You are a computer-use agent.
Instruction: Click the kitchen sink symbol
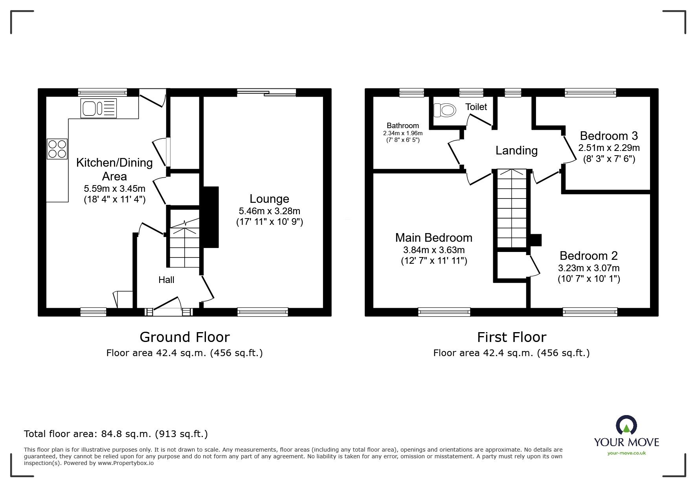(99, 108)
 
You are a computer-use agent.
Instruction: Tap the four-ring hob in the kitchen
(57, 149)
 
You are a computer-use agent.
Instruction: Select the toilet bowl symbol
(445, 110)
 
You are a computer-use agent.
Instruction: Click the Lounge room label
(270, 199)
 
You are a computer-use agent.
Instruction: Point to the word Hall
(166, 280)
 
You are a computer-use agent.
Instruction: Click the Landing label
(516, 151)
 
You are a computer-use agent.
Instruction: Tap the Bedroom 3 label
(609, 136)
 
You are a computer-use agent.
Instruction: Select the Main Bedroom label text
(434, 238)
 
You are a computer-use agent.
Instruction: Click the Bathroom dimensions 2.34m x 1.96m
(403, 133)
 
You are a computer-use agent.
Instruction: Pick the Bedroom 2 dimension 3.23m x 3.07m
(589, 268)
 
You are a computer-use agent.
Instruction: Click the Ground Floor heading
(185, 337)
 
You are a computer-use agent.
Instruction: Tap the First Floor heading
(512, 337)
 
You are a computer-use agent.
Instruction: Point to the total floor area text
(116, 434)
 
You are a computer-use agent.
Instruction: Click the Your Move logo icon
(626, 426)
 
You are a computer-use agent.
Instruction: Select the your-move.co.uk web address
(626, 453)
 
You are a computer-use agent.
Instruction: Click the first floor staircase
(512, 208)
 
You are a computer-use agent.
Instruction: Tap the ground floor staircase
(185, 244)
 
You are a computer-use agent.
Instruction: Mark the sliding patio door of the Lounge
(266, 92)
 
